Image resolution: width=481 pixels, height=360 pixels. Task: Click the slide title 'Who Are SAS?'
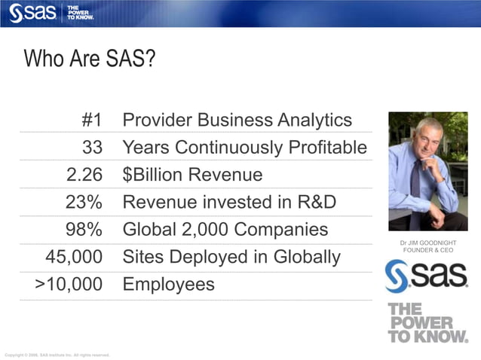tap(89, 59)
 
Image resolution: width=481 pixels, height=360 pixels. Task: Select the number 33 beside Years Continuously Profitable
tap(92, 148)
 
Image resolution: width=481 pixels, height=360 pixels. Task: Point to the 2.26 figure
tap(84, 175)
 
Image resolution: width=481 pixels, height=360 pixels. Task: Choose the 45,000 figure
tap(74, 257)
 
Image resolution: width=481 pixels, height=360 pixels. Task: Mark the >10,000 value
tap(69, 285)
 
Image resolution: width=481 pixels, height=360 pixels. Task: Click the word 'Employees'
tap(168, 285)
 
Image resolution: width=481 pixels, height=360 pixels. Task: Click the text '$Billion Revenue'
tap(192, 175)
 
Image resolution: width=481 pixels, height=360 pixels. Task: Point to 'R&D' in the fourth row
tap(316, 202)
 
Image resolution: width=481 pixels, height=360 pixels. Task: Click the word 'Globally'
tap(305, 257)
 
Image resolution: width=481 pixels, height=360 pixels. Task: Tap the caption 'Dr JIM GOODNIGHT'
tap(428, 243)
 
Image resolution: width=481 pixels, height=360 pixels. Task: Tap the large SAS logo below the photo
tap(427, 277)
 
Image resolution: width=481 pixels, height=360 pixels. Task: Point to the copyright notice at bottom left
tap(57, 354)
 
